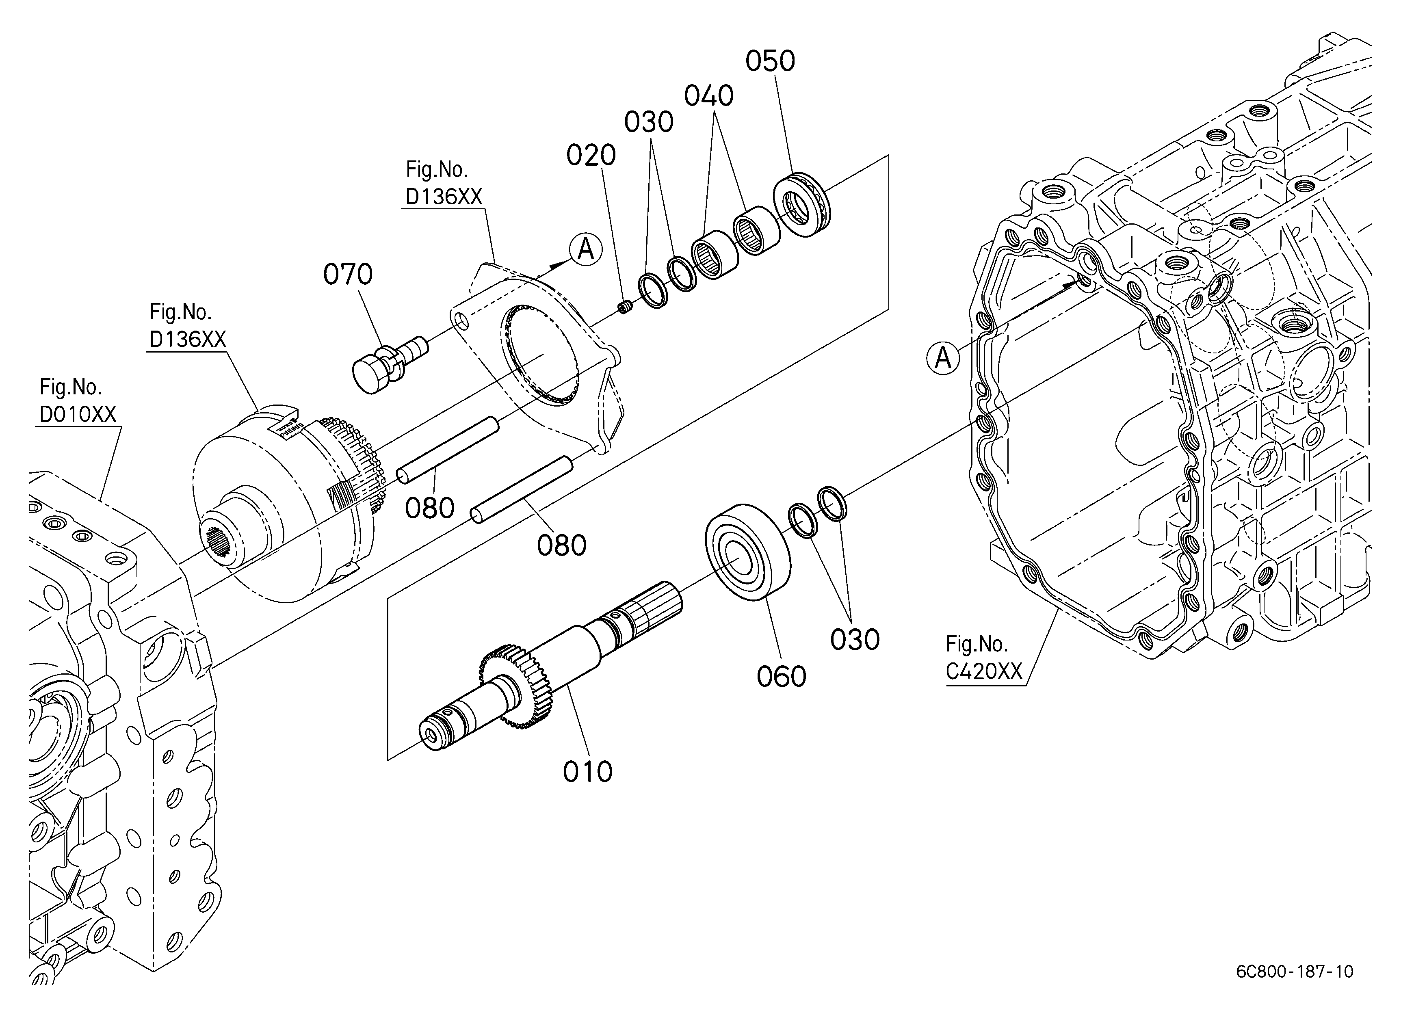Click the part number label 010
587,772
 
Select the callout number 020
591,156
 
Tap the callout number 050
770,61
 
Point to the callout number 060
782,677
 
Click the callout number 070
348,274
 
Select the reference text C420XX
984,671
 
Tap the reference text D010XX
78,414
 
